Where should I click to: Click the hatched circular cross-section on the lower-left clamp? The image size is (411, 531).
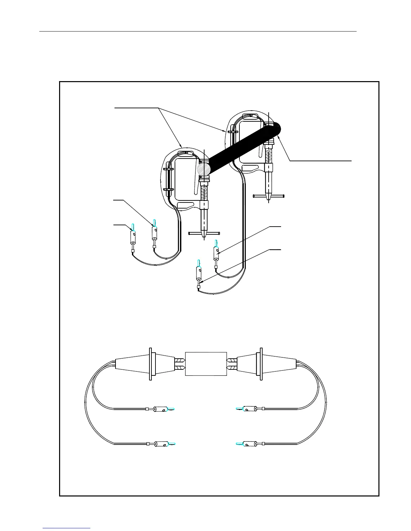(204, 168)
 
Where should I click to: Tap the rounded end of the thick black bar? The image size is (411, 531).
(277, 129)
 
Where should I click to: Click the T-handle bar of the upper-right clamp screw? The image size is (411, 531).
(269, 196)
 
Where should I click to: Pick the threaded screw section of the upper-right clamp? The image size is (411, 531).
(269, 156)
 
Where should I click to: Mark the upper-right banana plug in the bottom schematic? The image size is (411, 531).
(248, 409)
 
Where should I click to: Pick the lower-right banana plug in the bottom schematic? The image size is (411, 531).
(248, 444)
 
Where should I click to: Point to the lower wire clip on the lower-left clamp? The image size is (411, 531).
(168, 190)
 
